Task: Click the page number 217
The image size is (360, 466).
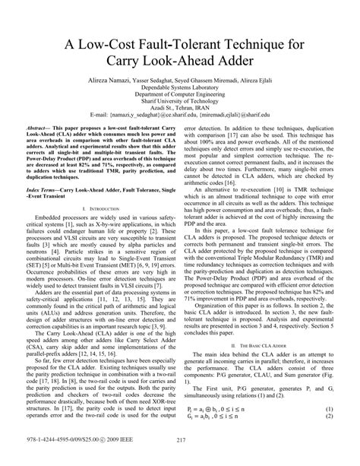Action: (180, 458)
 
